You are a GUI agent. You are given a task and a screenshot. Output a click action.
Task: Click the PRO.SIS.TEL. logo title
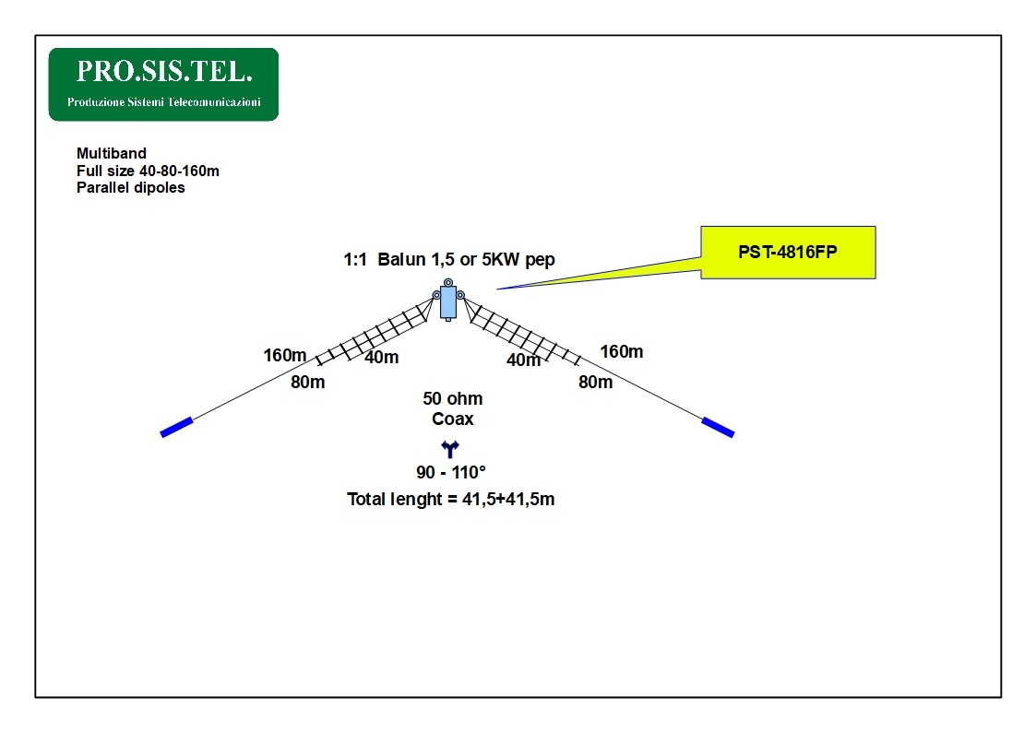[x=163, y=71]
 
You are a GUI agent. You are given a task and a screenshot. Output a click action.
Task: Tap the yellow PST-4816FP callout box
[x=787, y=252]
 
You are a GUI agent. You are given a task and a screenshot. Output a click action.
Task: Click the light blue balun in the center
[x=448, y=300]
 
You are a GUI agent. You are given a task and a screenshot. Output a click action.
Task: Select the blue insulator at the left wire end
[x=176, y=427]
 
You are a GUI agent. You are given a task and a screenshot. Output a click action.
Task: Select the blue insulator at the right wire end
[x=718, y=427]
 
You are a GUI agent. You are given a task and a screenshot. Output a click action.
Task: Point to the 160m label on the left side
[x=285, y=355]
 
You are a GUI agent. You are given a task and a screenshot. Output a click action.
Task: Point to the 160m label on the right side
[x=622, y=351]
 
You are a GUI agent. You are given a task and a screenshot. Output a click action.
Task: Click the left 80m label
[x=308, y=382]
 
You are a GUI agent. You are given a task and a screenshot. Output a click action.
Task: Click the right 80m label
[x=595, y=382]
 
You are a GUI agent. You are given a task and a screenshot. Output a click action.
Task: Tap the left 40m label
[x=381, y=357]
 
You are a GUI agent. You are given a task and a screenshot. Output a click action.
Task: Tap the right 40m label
[x=523, y=360]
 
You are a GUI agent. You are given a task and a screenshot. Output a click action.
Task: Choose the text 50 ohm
[x=453, y=399]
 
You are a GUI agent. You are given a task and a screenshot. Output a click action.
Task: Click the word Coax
[x=453, y=419]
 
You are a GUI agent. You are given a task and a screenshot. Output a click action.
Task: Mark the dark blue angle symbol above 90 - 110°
[x=450, y=450]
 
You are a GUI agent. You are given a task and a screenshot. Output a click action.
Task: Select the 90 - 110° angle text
[x=451, y=473]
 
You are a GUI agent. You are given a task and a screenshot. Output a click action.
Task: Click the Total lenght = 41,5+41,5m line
[x=450, y=500]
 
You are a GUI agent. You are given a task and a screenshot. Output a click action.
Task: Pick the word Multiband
[x=112, y=153]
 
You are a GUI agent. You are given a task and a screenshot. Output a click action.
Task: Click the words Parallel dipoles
[x=131, y=188]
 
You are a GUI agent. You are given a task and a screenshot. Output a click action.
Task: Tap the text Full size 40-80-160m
[x=148, y=171]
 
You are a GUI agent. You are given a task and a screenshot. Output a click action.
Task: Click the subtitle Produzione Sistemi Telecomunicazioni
[x=164, y=101]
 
